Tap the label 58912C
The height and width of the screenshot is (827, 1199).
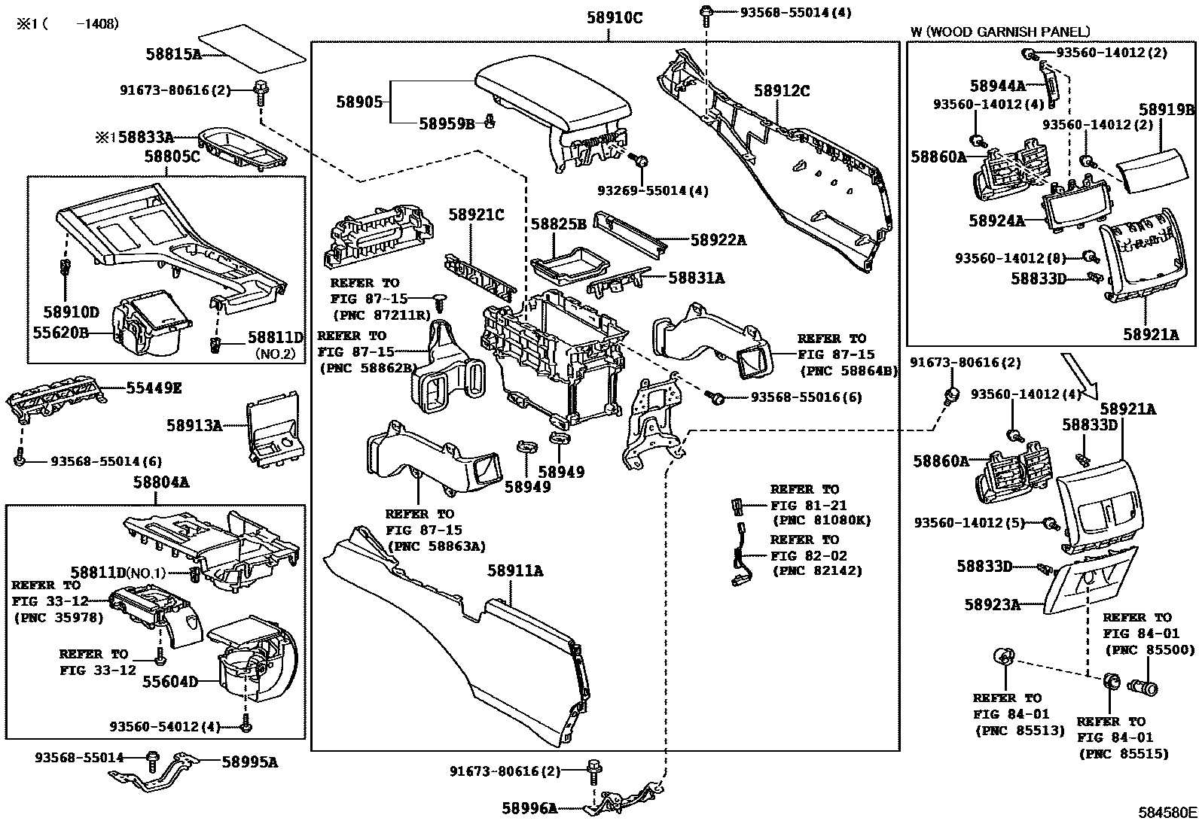782,91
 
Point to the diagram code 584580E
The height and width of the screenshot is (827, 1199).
1167,813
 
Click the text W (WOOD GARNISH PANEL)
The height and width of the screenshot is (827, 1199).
999,32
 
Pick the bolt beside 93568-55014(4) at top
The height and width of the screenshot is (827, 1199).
706,12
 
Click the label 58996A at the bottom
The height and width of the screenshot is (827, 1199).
529,808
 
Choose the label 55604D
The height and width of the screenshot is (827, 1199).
170,682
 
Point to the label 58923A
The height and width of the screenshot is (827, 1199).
992,604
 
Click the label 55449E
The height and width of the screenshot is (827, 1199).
154,388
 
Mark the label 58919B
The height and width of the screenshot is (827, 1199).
1166,110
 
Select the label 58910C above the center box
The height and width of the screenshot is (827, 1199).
615,17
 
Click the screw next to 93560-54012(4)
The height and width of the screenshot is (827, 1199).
246,726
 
